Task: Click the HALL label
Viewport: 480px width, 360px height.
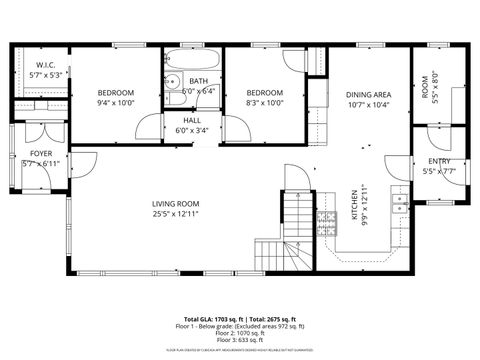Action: (x=191, y=119)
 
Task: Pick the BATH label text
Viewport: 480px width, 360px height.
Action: (x=198, y=81)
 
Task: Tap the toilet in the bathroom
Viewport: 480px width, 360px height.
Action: (x=172, y=83)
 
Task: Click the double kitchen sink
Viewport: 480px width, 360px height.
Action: (x=400, y=204)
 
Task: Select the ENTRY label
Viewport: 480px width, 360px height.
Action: (x=439, y=161)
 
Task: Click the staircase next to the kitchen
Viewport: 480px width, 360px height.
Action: (x=299, y=220)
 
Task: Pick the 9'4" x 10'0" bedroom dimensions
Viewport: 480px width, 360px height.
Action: (x=115, y=102)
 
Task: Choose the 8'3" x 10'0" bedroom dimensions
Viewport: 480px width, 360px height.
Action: (x=265, y=102)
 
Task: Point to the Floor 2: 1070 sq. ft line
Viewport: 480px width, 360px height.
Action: (x=240, y=335)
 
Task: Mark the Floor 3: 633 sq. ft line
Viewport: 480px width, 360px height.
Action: (x=240, y=342)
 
